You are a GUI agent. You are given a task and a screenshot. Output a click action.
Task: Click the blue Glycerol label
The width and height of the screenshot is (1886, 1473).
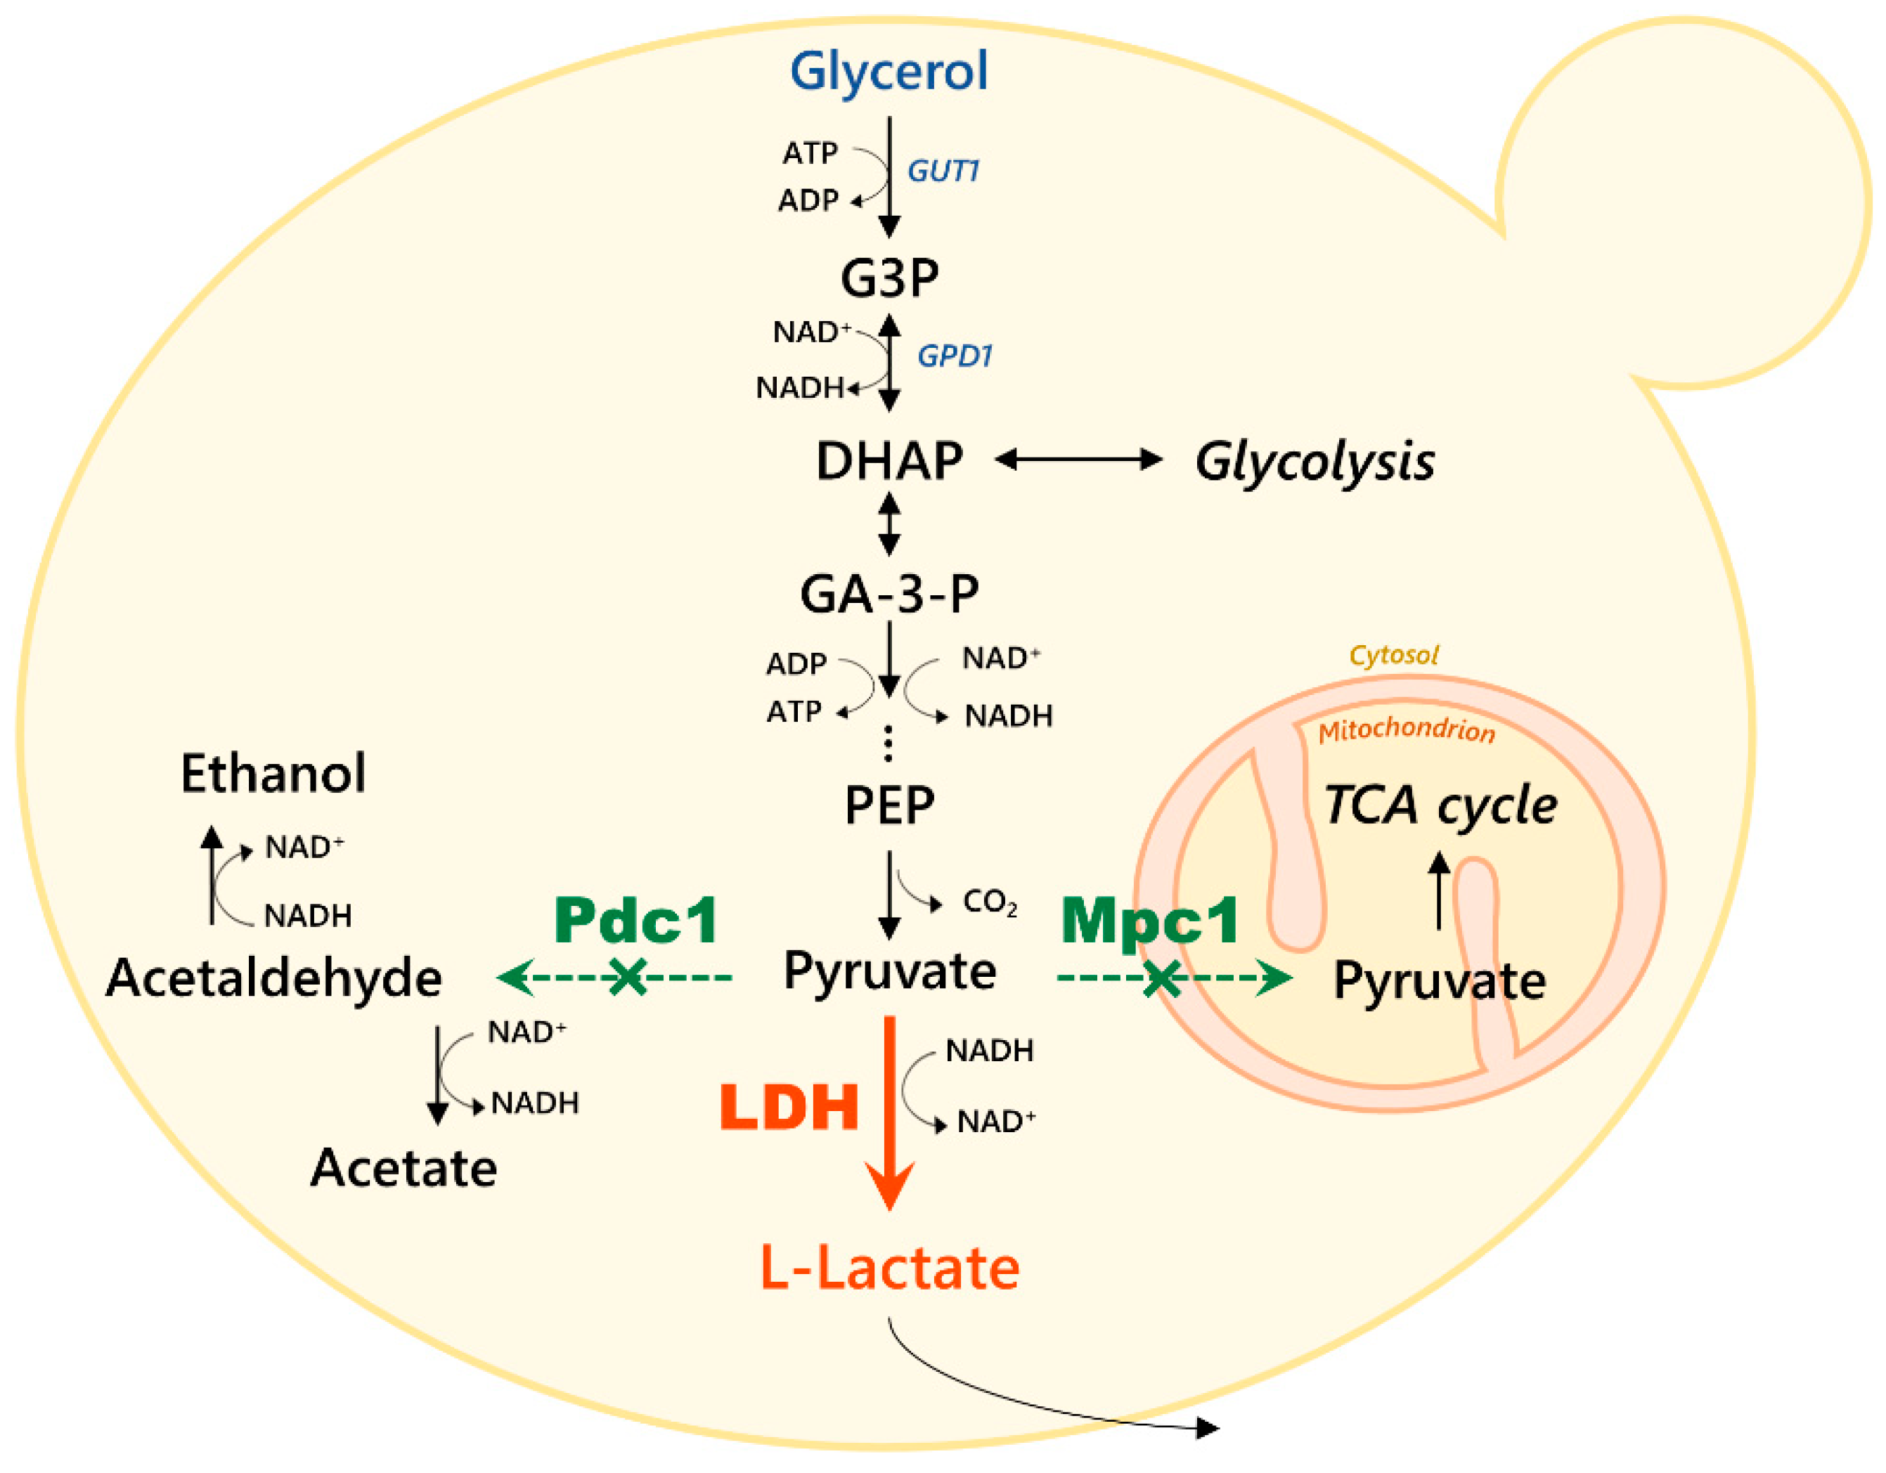(x=889, y=71)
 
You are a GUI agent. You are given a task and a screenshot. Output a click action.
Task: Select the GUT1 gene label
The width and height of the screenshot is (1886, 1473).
(x=943, y=171)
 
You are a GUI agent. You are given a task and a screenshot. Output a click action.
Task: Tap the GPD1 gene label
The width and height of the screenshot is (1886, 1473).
(x=954, y=356)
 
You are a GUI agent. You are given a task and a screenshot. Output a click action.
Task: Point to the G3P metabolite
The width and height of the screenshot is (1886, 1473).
(x=889, y=278)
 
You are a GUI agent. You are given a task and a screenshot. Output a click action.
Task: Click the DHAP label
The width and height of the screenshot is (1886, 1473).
(x=889, y=461)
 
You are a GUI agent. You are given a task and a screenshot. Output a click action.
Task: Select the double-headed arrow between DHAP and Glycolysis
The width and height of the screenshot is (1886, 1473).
(x=1078, y=460)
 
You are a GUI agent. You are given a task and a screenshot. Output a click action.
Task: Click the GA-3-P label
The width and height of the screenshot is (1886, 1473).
(x=889, y=594)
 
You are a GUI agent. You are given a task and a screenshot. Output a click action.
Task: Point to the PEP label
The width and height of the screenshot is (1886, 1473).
(x=889, y=805)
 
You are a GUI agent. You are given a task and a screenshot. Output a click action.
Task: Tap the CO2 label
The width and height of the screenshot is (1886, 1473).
(x=990, y=903)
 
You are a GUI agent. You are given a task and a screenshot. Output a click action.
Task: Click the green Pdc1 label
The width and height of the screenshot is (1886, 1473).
(x=636, y=921)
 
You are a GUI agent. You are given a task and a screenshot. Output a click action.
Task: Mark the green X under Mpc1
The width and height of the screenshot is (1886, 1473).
(x=1161, y=978)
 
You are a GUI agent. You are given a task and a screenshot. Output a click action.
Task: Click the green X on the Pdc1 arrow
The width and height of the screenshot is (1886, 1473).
(x=628, y=978)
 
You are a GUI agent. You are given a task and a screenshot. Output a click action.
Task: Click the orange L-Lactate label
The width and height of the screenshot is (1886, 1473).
(x=889, y=1268)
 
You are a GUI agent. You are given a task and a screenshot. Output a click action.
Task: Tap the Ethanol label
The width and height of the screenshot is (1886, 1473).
(x=273, y=773)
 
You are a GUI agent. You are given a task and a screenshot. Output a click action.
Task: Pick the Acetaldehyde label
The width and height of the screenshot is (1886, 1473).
(x=273, y=979)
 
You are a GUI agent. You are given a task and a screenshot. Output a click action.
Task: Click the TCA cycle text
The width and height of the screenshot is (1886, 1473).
(x=1440, y=805)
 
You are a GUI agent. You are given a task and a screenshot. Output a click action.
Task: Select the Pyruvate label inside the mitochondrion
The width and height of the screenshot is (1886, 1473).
(x=1440, y=981)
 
